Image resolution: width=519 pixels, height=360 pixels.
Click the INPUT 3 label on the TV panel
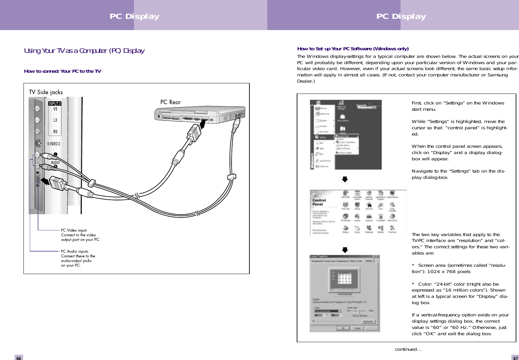click(x=55, y=103)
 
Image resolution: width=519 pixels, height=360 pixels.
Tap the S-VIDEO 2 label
click(x=54, y=144)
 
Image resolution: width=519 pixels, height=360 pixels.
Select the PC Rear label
click(x=171, y=102)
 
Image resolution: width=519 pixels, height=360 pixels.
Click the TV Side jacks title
click(x=46, y=92)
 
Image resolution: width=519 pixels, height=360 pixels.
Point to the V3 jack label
click(x=55, y=109)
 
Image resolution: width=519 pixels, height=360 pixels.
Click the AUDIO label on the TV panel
click(x=56, y=162)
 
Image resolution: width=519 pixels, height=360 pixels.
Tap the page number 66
click(x=19, y=358)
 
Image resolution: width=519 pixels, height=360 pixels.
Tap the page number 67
click(x=515, y=358)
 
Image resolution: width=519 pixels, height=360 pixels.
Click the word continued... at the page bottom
click(x=408, y=349)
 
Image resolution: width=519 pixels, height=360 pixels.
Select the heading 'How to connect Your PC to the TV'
click(x=63, y=71)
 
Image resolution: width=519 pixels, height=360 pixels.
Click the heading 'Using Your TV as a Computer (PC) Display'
click(x=84, y=51)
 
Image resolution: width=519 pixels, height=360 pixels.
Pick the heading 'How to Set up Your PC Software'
click(x=353, y=49)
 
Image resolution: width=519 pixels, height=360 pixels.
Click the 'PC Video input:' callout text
click(x=74, y=230)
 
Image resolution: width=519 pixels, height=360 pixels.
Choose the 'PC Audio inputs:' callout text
click(x=75, y=251)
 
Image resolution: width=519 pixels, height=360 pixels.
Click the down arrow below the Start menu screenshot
click(x=345, y=180)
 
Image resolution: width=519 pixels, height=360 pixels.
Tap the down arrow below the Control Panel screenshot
click(x=345, y=250)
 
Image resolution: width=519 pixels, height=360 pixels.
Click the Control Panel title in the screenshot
click(x=319, y=202)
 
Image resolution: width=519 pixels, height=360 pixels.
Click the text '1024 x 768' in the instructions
click(x=441, y=272)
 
